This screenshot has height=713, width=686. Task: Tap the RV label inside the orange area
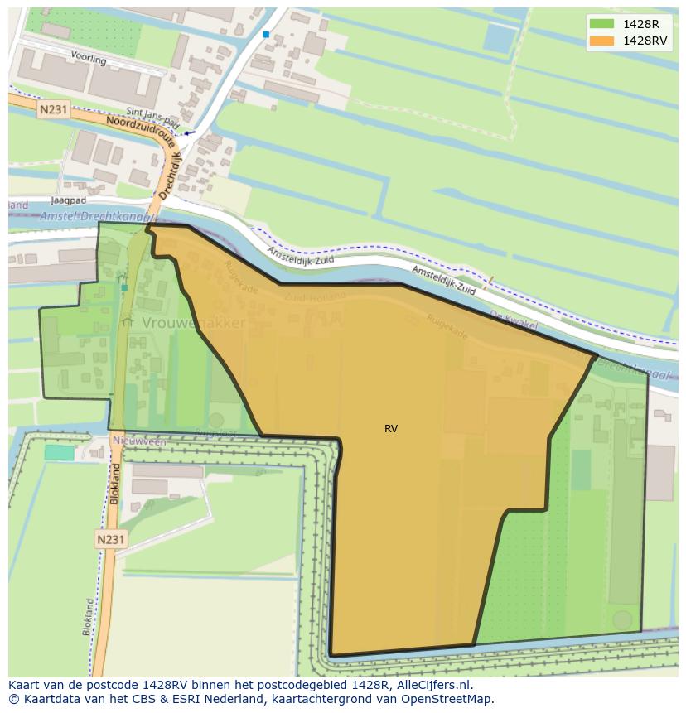tap(391, 429)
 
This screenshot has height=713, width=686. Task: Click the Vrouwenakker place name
tap(193, 322)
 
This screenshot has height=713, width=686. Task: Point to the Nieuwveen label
tap(139, 441)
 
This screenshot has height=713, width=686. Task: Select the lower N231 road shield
tap(110, 539)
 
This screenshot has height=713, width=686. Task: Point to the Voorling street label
tap(89, 60)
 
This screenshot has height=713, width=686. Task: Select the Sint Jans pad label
tap(153, 115)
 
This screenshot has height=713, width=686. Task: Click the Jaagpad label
tap(69, 200)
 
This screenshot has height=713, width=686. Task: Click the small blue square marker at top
tap(266, 34)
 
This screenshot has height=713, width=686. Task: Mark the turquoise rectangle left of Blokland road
tap(59, 452)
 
